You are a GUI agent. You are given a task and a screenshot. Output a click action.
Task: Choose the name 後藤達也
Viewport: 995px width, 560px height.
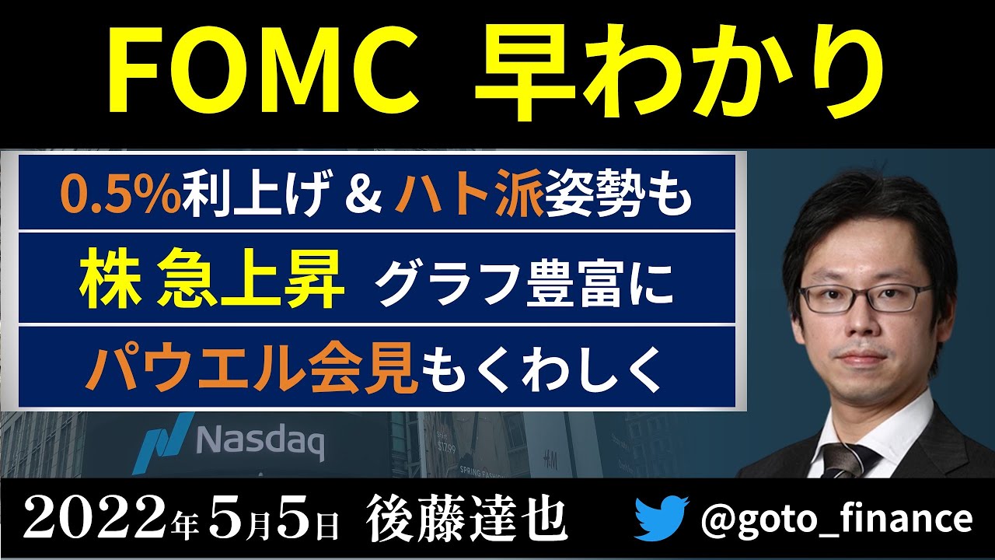point(466,519)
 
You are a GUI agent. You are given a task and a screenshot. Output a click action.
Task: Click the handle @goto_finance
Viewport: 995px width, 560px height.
point(836,519)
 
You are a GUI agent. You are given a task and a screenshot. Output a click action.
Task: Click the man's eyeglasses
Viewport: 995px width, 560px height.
point(866,297)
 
